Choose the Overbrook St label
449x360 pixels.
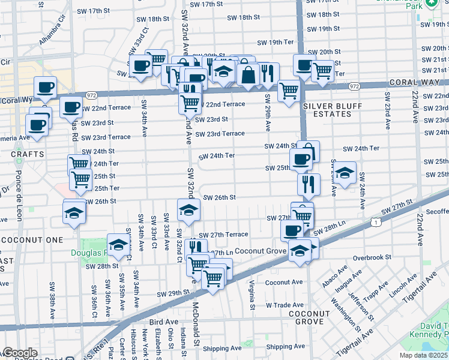tap(372, 257)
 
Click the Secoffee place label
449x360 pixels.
tap(430, 211)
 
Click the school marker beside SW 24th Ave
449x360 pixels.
tap(345, 173)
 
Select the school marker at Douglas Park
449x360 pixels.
tap(119, 244)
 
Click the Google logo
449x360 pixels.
tap(19, 353)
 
